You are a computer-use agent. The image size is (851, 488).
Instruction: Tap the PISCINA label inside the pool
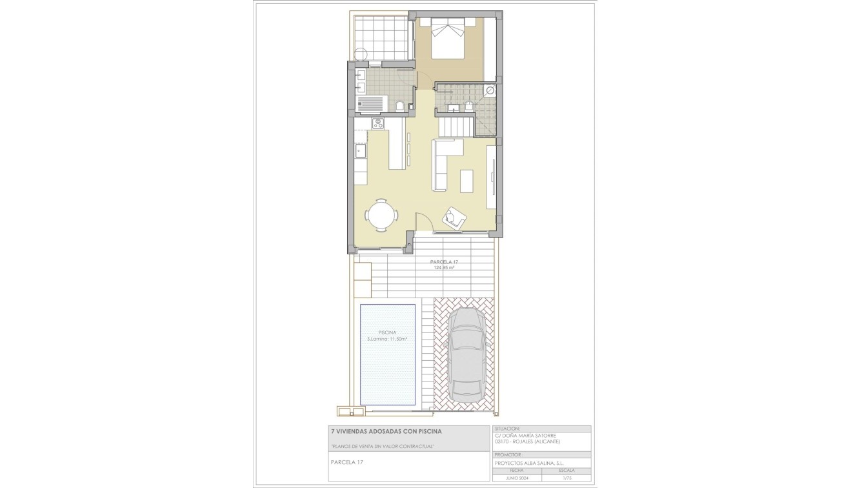coord(387,332)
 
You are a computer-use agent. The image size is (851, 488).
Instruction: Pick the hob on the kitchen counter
coord(377,123)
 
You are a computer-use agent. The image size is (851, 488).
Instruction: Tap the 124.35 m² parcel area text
coord(444,267)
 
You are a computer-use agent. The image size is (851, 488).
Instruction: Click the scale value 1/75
coord(566,478)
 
